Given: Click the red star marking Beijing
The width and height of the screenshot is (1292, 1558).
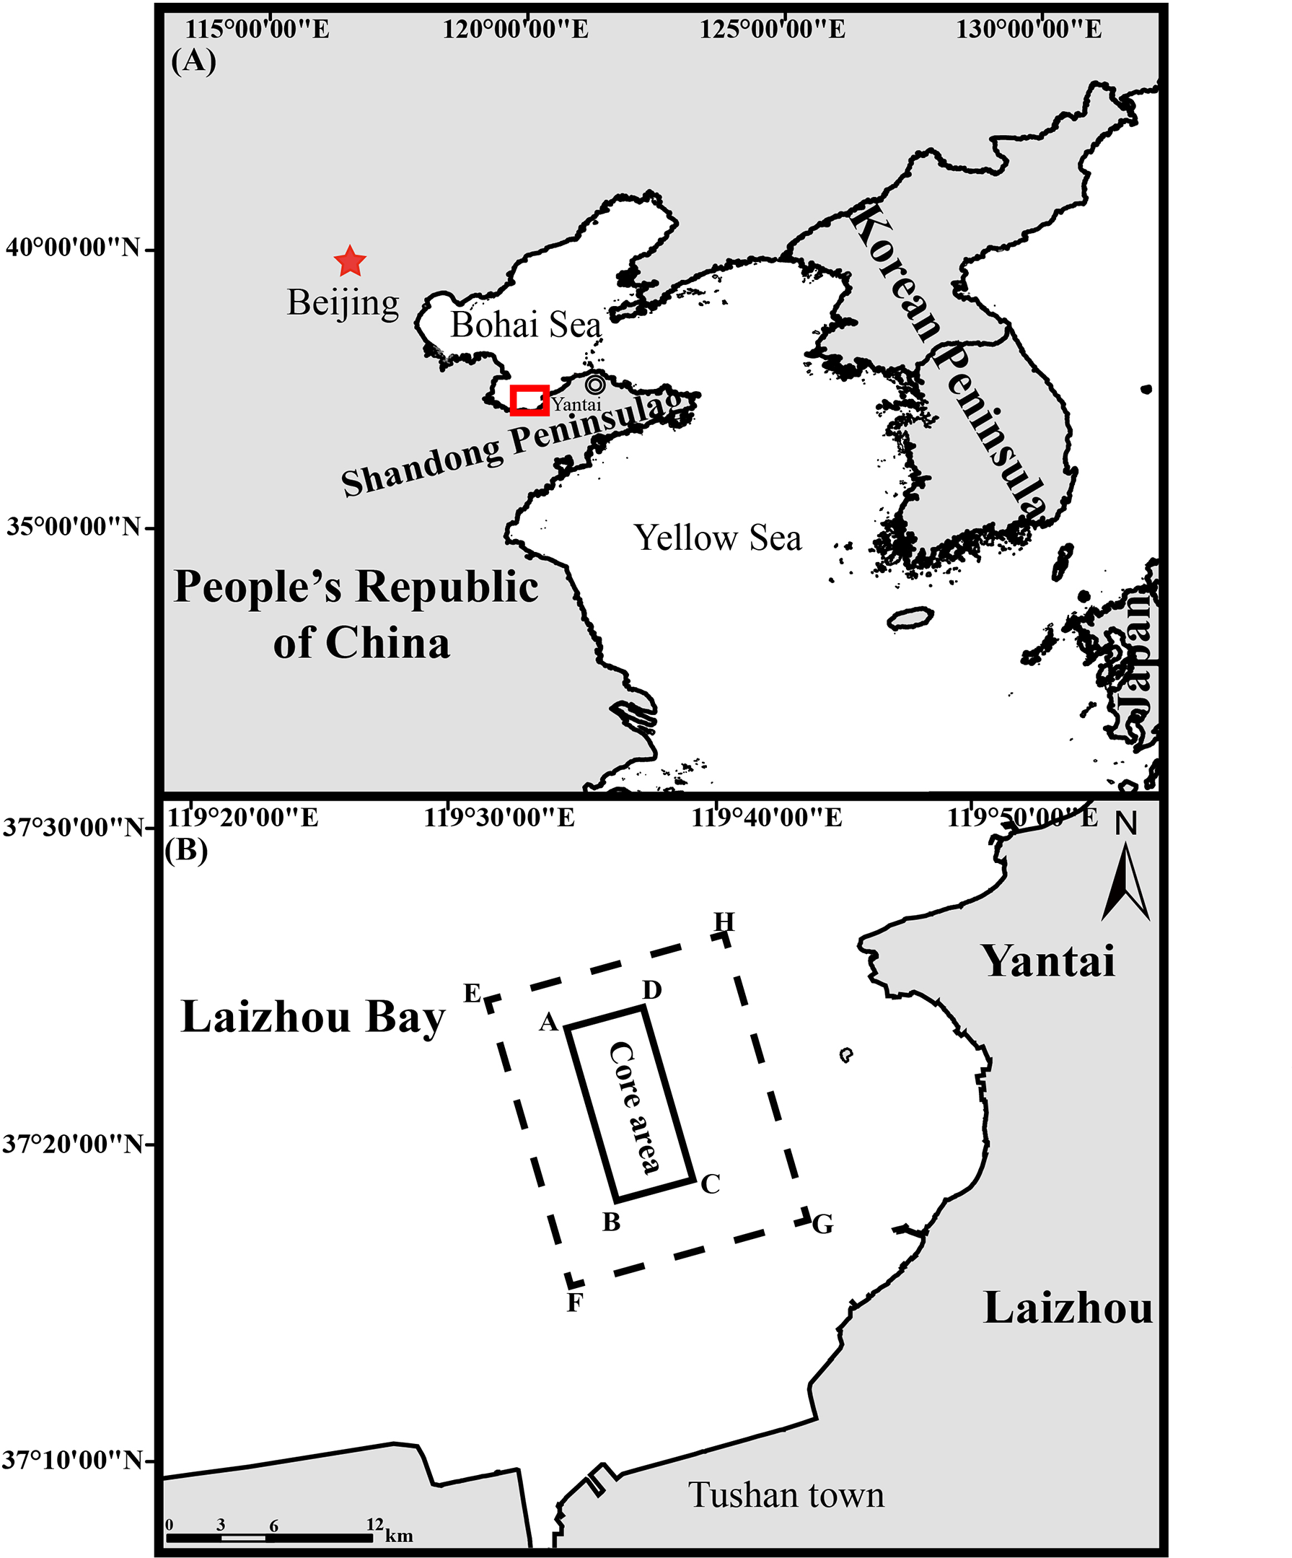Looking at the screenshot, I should (x=349, y=261).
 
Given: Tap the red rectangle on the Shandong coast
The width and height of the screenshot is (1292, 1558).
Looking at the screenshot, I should (x=529, y=400).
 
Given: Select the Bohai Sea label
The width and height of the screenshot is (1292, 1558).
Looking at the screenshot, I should (x=526, y=325).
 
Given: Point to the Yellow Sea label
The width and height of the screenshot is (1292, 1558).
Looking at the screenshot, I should (x=717, y=538).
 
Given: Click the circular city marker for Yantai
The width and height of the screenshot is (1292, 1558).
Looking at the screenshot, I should (x=595, y=385).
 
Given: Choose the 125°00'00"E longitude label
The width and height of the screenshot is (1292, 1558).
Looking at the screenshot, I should (x=772, y=30).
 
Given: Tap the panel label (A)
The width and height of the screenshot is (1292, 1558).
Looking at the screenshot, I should (x=193, y=61).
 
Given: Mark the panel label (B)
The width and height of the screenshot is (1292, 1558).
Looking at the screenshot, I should (x=186, y=849).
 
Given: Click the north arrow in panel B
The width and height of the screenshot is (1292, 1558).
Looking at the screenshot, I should (x=1125, y=879).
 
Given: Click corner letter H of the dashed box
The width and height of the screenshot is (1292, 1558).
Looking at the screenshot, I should (x=724, y=922).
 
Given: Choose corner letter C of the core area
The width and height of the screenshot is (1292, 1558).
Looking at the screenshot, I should (x=711, y=1184).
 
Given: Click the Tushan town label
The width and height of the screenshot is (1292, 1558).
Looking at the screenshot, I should (x=786, y=1495).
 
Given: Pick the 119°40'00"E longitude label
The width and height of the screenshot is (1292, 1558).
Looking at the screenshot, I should (x=767, y=818).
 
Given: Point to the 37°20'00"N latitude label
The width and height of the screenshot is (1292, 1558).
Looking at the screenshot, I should (x=73, y=1144).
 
